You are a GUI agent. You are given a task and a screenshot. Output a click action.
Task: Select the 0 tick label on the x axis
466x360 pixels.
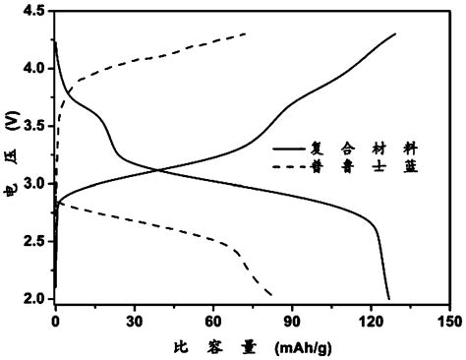click(55, 319)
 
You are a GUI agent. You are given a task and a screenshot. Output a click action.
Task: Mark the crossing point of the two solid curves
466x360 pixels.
click(158, 170)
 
